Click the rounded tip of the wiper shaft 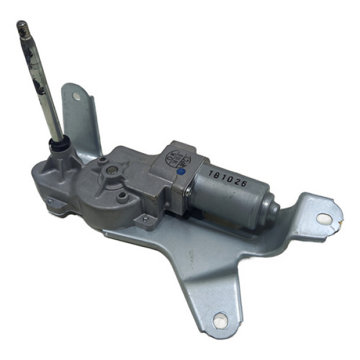click(x=22, y=25)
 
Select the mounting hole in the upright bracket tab click(x=76, y=95)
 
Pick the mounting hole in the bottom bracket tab click(x=220, y=320)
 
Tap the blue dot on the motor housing click(x=181, y=171)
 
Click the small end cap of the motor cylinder click(x=272, y=211)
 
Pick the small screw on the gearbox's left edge click(x=50, y=201)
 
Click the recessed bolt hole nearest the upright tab click(x=103, y=160)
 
